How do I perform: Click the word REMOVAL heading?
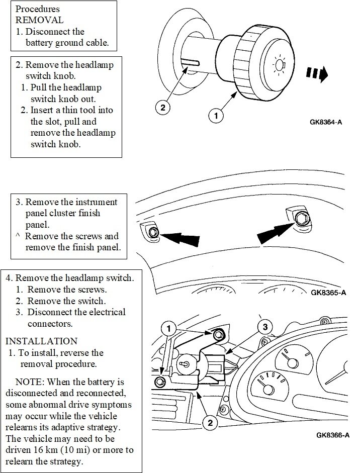coord(40,20)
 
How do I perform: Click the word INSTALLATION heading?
coord(41,341)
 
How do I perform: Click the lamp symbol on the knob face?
coord(279,65)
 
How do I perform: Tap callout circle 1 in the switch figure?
coord(168,328)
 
